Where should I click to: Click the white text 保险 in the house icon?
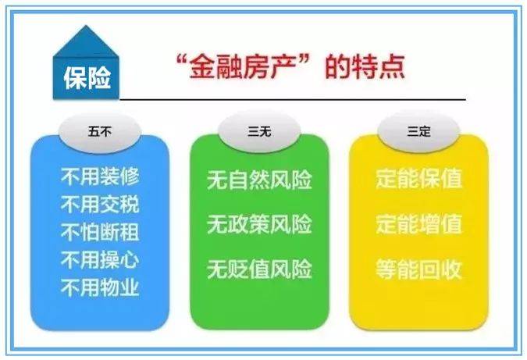87,78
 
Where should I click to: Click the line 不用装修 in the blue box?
100,177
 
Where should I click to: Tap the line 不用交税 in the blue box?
100,205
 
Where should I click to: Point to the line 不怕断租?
100,233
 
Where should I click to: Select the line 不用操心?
100,260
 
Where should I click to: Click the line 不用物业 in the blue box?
100,288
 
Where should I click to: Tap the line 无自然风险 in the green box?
259,180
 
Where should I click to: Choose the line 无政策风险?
259,224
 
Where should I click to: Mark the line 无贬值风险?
259,269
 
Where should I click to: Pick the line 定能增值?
419,224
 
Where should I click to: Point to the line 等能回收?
419,269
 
